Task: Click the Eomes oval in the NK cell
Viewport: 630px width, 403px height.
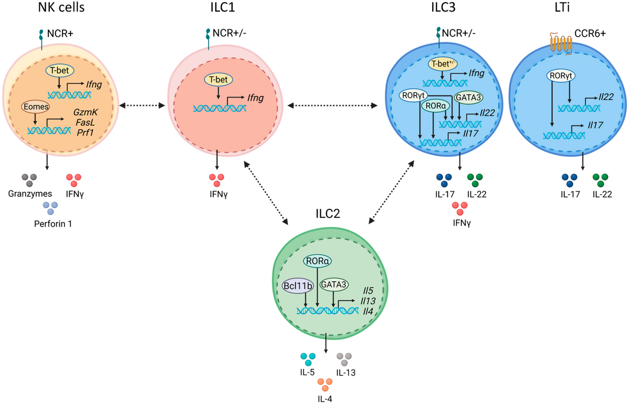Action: (x=34, y=105)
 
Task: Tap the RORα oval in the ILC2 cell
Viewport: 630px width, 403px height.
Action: (x=318, y=260)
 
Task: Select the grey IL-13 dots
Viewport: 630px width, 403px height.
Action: (x=344, y=359)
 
